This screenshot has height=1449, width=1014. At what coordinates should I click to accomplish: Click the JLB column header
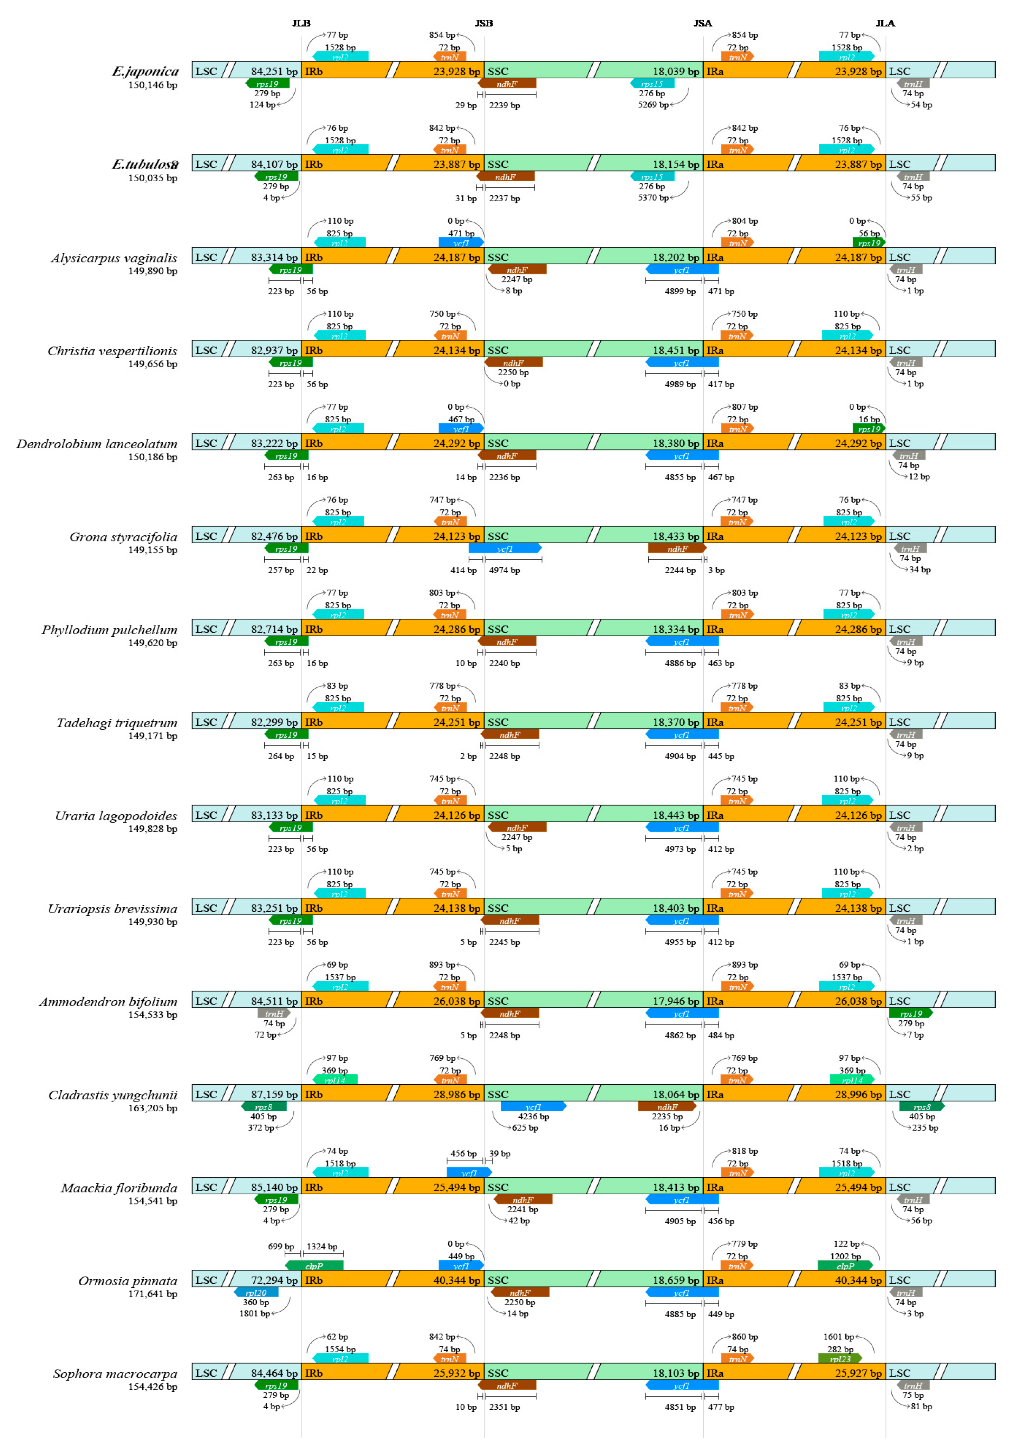click(x=301, y=23)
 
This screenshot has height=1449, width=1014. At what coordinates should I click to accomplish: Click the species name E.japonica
click(x=145, y=71)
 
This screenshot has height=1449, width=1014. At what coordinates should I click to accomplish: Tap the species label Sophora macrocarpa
click(x=115, y=1374)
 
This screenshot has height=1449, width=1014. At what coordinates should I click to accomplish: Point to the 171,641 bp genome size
click(x=153, y=1294)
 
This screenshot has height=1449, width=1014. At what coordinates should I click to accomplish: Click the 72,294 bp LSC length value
click(x=274, y=1280)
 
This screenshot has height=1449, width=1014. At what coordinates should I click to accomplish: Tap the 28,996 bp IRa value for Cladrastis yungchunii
click(x=858, y=1095)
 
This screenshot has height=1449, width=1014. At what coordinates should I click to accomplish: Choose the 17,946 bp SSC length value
click(x=676, y=1002)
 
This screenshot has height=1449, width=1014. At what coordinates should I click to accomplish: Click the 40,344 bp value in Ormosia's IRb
click(x=457, y=1280)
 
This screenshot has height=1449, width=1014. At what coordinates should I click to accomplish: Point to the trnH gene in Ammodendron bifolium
click(x=273, y=1014)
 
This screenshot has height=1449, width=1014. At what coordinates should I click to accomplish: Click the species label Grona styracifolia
click(x=123, y=537)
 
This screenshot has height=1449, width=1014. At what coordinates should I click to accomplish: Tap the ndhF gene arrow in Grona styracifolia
click(x=677, y=549)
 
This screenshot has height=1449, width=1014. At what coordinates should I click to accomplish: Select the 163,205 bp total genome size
click(x=153, y=1108)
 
